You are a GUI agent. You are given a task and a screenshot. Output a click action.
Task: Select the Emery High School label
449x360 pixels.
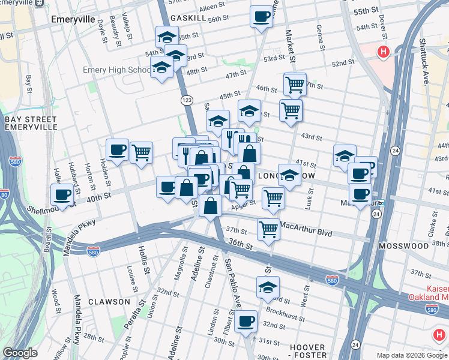[x=116, y=70]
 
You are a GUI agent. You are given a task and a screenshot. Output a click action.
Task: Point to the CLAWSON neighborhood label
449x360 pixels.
[x=109, y=302]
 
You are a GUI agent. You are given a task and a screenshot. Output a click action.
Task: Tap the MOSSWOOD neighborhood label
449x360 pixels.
[x=400, y=246]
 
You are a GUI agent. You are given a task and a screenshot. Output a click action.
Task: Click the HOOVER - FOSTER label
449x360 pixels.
[x=308, y=352]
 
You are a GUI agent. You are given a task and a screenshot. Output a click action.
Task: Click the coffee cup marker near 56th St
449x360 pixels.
[x=261, y=16]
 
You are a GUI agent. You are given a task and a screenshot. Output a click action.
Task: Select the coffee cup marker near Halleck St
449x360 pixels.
[x=62, y=193]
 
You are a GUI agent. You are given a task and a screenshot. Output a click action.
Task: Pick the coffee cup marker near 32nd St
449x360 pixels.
[x=246, y=321]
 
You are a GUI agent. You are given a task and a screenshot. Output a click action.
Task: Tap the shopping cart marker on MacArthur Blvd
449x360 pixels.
[x=268, y=228]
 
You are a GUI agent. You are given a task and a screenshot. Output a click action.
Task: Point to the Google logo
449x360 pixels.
[x=20, y=353]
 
